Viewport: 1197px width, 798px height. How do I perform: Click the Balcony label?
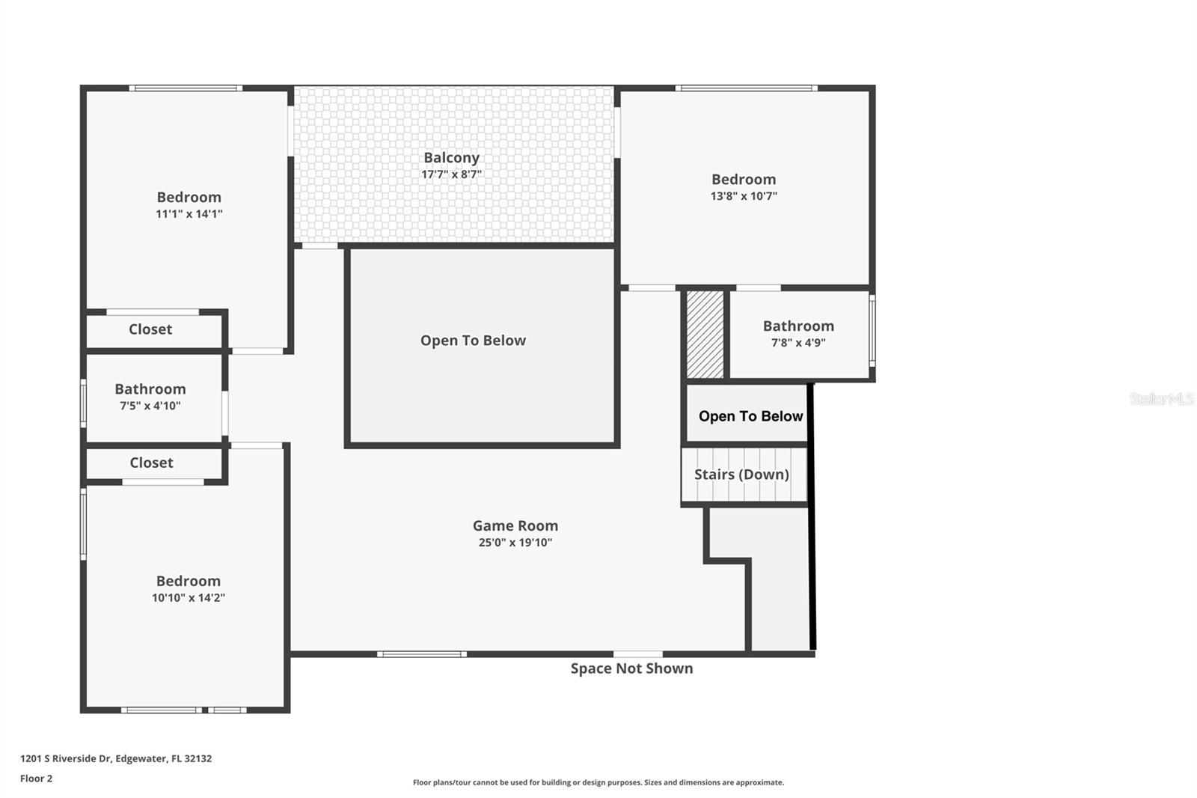point(452,158)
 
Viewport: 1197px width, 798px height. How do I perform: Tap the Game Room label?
point(515,526)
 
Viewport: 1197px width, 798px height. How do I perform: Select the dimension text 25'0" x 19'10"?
point(515,542)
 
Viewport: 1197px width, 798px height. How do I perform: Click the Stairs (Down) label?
point(741,475)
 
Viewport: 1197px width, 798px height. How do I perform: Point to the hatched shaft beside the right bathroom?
point(705,335)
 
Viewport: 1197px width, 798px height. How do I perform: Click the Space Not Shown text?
point(631,668)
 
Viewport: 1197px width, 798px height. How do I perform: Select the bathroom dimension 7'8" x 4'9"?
point(798,343)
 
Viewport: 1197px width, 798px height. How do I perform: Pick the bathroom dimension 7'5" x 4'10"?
point(150,406)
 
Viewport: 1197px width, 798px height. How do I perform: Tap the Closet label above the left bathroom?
point(150,329)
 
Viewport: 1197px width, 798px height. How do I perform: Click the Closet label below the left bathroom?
point(151,463)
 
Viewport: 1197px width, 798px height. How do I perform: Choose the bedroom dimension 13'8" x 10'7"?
point(744,196)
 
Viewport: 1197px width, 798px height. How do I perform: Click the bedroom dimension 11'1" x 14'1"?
point(189,214)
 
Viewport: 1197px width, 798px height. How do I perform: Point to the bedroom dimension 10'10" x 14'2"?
point(188,598)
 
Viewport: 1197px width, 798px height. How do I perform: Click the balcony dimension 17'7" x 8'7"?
point(452,174)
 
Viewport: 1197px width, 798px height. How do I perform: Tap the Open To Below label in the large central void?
point(473,341)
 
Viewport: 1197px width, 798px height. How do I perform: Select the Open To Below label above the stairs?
point(751,416)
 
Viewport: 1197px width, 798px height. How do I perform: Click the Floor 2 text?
point(37,779)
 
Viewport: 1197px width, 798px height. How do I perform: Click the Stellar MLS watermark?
point(1162,399)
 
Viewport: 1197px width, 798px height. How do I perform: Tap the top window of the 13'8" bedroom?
point(747,88)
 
